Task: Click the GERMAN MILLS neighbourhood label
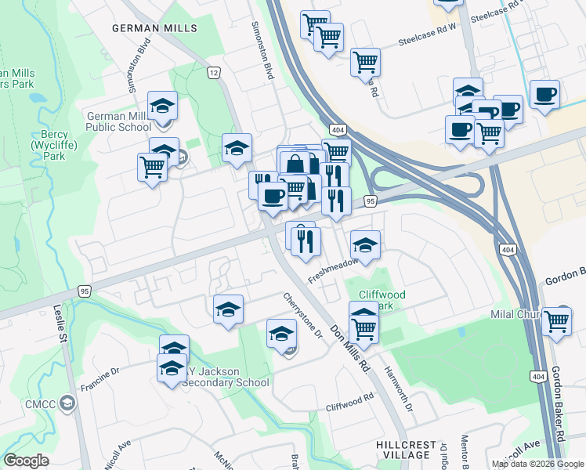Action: click(154, 27)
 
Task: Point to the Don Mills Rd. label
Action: click(349, 348)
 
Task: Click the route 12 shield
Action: click(212, 73)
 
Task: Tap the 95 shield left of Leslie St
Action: click(84, 291)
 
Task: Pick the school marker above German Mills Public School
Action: click(163, 105)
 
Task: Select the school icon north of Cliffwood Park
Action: click(365, 244)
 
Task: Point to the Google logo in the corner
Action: click(26, 461)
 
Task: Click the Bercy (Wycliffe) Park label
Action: click(49, 145)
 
